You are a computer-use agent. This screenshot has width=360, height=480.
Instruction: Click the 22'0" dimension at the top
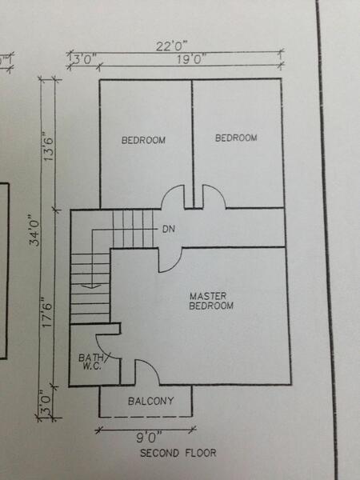click(171, 46)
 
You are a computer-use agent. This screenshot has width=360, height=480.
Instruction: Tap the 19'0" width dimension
click(190, 58)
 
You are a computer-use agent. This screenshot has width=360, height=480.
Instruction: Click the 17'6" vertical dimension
click(48, 312)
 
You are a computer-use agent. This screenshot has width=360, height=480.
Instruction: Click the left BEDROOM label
click(143, 140)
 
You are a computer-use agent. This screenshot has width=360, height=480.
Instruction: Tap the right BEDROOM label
click(236, 138)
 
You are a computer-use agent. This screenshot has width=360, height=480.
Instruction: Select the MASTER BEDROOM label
click(211, 301)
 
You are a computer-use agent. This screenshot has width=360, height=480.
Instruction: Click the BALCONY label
click(151, 401)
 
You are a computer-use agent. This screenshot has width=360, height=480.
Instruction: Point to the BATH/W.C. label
click(92, 362)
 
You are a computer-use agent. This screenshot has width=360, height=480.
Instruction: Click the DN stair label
click(168, 229)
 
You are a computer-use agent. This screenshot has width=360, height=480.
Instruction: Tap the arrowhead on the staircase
click(91, 286)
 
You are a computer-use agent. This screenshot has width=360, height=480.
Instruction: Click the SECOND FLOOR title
click(178, 453)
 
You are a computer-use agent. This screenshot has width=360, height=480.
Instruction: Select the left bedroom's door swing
click(167, 193)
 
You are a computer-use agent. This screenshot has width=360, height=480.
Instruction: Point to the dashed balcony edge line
click(146, 417)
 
